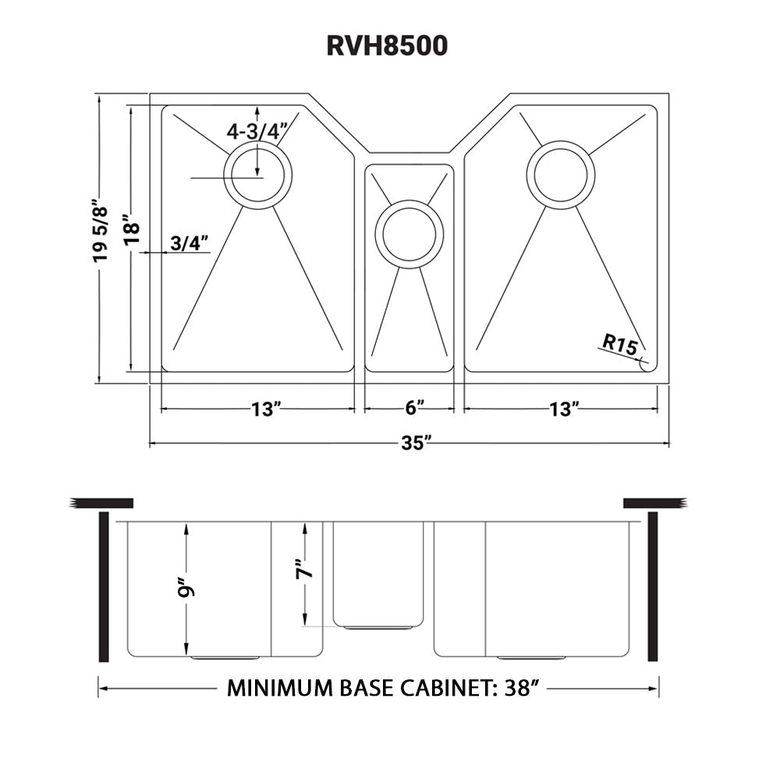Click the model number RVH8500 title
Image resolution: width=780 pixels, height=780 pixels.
(388, 46)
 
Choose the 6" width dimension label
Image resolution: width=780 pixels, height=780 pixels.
(415, 408)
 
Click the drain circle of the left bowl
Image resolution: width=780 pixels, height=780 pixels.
(257, 175)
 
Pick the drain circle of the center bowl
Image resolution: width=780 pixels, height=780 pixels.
(409, 234)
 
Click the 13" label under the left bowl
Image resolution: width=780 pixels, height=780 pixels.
(266, 408)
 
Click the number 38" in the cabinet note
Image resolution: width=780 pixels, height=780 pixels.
(519, 688)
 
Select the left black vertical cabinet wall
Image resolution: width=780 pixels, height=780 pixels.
(103, 587)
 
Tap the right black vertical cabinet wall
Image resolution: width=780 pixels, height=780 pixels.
(654, 587)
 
